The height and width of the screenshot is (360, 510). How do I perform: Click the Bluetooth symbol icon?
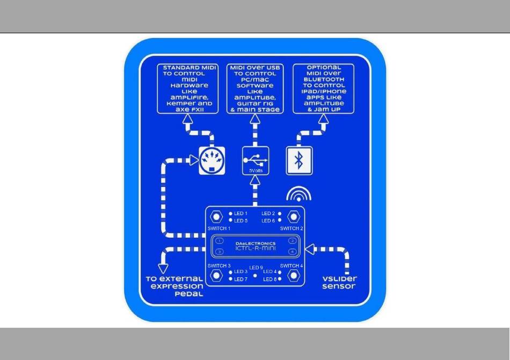(x=299, y=160)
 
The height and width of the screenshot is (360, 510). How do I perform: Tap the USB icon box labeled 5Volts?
(x=256, y=160)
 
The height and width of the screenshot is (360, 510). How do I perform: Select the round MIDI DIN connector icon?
(x=212, y=160)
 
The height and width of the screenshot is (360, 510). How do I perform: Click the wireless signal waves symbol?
(x=298, y=194)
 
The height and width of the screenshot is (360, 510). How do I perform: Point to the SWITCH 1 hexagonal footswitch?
(x=216, y=216)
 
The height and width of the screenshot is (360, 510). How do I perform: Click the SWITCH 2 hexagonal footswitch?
(x=294, y=216)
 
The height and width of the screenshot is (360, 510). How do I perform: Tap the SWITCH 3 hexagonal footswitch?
(x=216, y=276)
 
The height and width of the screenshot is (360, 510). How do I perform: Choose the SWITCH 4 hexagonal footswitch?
(x=294, y=276)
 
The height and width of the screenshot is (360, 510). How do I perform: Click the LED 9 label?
(x=256, y=268)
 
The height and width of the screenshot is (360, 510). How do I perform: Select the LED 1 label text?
(x=241, y=214)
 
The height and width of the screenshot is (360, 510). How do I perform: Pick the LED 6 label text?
(x=268, y=221)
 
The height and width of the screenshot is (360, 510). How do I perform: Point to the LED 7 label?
(x=241, y=280)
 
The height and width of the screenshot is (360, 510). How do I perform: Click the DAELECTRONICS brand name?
(x=256, y=244)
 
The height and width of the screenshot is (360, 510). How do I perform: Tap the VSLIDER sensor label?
(x=339, y=282)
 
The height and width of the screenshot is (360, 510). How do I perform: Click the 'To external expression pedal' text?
(x=174, y=286)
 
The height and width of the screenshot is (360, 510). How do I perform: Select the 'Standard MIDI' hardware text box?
(x=188, y=89)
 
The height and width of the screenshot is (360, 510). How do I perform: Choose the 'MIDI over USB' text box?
(x=255, y=89)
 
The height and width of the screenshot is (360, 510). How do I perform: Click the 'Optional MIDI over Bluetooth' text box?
(x=323, y=89)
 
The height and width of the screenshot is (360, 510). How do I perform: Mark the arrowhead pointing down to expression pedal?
(x=163, y=269)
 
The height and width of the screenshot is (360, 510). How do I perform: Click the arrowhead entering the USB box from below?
(x=256, y=180)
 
